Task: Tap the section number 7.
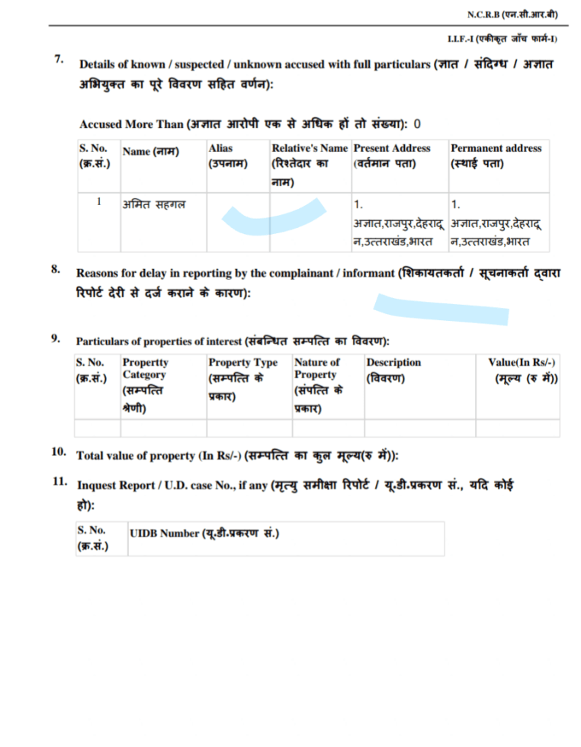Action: pyautogui.click(x=59, y=59)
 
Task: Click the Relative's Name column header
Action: pyautogui.click(x=309, y=163)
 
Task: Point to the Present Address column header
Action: pyautogui.click(x=392, y=155)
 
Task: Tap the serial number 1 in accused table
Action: pyautogui.click(x=98, y=203)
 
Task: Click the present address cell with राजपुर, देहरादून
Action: pyautogui.click(x=398, y=223)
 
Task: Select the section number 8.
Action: pyautogui.click(x=56, y=269)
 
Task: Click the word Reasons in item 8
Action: pyautogui.click(x=98, y=272)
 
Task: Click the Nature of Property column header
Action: pyautogui.click(x=318, y=386)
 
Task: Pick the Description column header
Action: pyautogui.click(x=393, y=370)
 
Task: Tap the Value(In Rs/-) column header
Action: pyautogui.click(x=522, y=370)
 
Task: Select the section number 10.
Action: pyautogui.click(x=59, y=452)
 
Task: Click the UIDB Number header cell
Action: pyautogui.click(x=204, y=534)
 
